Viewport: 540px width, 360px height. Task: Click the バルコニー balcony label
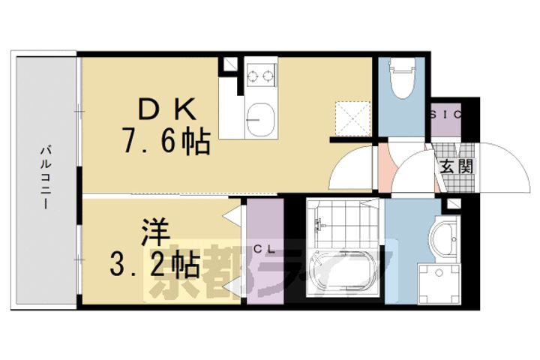pos(46,181)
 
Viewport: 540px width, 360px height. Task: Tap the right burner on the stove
pos(267,75)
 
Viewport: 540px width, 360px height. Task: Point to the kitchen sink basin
pos(260,119)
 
